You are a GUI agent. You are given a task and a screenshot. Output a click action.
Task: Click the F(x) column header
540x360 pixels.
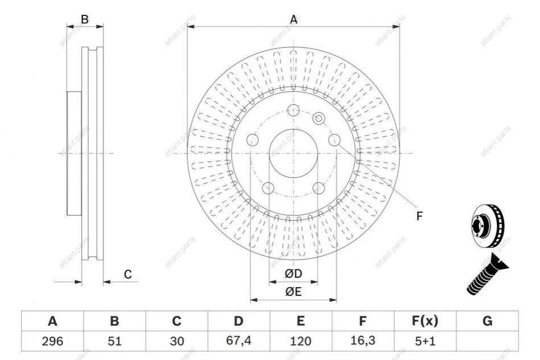(424, 321)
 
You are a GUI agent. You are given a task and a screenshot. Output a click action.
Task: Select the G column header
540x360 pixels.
(487, 321)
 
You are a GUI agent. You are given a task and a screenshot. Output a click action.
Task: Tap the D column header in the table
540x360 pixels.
(238, 321)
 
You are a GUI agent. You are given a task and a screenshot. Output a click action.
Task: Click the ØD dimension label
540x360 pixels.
(293, 275)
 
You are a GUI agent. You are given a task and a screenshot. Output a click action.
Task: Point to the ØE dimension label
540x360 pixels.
(293, 292)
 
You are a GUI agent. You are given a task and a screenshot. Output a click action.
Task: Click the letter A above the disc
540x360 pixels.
(294, 20)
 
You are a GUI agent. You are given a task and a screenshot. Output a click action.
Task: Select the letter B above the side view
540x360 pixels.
(85, 19)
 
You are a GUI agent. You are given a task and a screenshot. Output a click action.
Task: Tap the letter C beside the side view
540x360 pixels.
(128, 275)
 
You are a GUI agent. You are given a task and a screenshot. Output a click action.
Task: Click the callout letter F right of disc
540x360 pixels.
(419, 216)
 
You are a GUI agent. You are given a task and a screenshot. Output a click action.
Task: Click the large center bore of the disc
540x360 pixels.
(294, 154)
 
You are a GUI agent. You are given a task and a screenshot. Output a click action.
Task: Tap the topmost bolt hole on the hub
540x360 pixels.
(294, 111)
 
